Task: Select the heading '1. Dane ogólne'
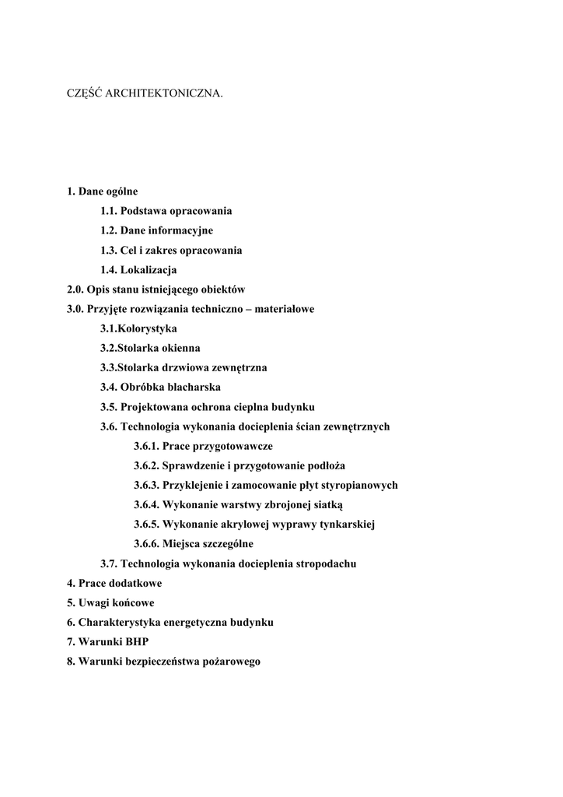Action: click(103, 191)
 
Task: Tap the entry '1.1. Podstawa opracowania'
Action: click(166, 211)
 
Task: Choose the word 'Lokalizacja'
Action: click(149, 270)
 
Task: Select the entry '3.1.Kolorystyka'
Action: click(138, 328)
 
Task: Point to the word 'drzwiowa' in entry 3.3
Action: click(182, 367)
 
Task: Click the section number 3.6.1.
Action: click(146, 446)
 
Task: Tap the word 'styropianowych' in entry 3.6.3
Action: click(361, 485)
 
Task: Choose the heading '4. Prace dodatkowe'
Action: click(114, 583)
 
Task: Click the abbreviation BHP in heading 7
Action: click(136, 642)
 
